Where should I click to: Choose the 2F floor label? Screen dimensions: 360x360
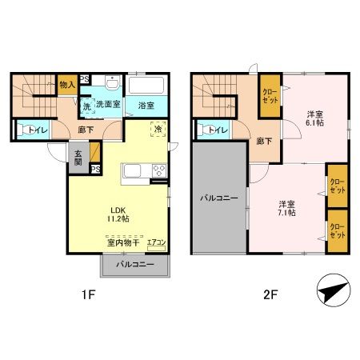pos(270,294)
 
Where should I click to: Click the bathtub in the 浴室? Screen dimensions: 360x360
pos(146,86)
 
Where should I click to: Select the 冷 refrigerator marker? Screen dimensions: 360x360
pos(158,130)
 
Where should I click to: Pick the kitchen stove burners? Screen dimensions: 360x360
pos(158,170)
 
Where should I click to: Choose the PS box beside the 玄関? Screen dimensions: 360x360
pos(95,170)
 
